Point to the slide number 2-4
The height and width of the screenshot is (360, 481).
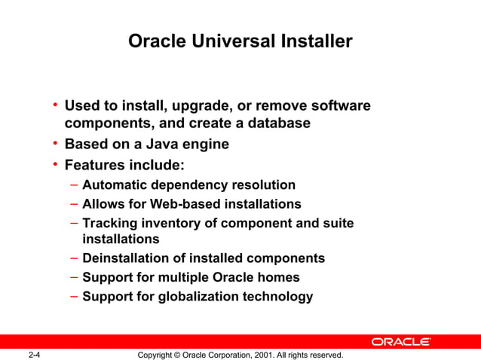[35, 354]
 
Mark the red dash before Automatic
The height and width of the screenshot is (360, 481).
[74, 185]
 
